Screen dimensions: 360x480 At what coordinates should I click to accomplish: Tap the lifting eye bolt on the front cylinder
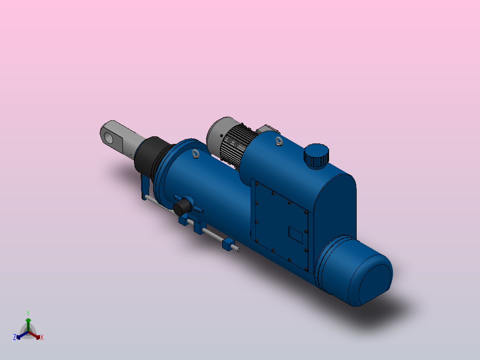pos(195,154)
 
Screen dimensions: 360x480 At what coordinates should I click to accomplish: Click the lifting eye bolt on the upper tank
pos(279,142)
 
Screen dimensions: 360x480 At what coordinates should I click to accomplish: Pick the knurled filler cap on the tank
pos(317,155)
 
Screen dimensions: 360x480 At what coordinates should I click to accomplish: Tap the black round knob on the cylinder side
pos(181,208)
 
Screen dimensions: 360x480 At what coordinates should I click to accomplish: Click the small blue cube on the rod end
pos(228,244)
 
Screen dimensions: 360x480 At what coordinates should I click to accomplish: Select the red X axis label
pos(42,338)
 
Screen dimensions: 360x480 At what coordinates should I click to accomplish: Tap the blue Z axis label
pos(15,337)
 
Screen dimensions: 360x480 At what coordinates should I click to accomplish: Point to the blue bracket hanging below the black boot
pos(144,188)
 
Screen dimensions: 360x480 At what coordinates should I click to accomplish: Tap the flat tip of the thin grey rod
pos(239,250)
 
